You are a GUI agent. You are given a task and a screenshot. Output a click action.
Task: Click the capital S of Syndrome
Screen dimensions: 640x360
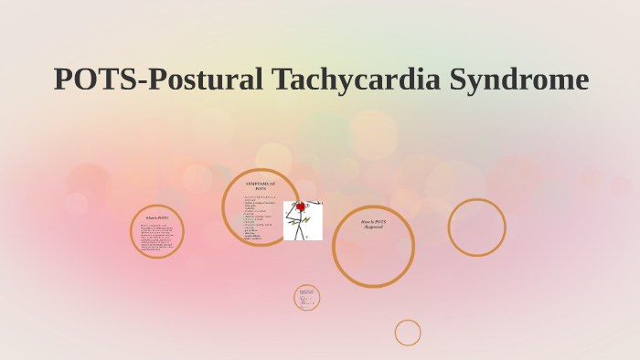tap(456, 79)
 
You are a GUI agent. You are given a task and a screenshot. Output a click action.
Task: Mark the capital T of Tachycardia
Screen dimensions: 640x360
tap(279, 79)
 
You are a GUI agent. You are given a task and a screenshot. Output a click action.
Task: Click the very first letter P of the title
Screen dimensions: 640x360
tap(62, 79)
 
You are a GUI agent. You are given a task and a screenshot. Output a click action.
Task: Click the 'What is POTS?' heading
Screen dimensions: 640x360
tap(157, 217)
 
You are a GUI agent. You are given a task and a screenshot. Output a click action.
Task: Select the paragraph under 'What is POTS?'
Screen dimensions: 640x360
tap(157, 237)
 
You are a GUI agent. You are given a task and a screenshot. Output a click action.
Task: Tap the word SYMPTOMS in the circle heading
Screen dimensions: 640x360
tap(260, 184)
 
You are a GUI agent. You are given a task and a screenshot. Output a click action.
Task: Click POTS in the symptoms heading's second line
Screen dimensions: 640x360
tap(261, 189)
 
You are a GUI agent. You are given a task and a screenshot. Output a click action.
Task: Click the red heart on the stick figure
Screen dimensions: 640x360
tap(300, 207)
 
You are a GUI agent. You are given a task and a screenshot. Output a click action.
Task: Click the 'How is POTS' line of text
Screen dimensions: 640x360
tap(373, 221)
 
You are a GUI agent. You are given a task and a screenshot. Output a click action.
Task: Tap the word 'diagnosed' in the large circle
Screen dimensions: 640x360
tap(373, 227)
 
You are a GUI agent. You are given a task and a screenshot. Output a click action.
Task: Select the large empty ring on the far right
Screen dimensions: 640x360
tap(476, 228)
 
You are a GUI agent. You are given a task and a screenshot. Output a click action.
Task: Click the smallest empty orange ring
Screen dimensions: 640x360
tap(408, 333)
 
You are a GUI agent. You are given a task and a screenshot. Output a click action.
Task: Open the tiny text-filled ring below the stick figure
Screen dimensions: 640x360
tap(306, 297)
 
